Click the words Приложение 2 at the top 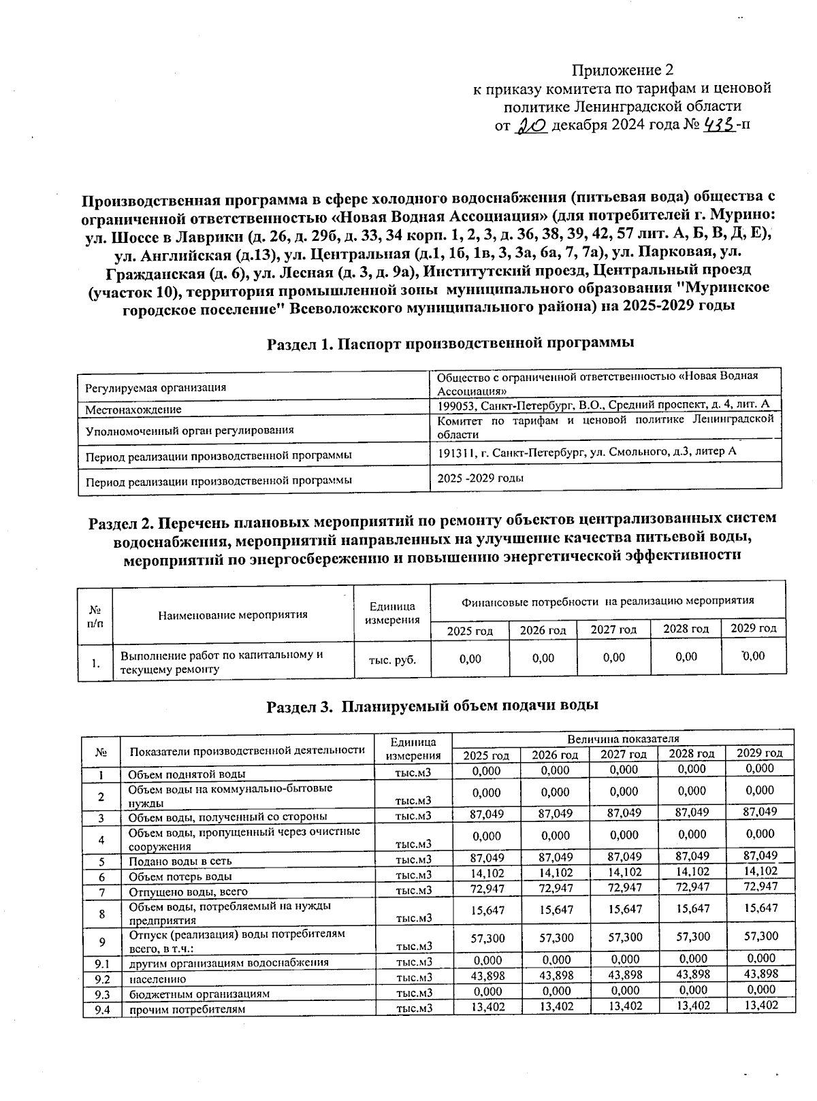coord(622,70)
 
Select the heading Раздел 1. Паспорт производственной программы coord(450,343)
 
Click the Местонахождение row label coord(133,410)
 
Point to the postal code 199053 coord(455,406)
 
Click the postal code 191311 coord(455,452)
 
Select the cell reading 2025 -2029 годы coord(480,478)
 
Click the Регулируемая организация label coord(156,388)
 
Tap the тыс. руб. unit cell coord(392,659)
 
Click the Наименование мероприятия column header coord(233,614)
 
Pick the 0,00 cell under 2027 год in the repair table coord(613,657)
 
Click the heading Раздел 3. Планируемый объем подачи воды coord(432,706)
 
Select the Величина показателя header coord(623,738)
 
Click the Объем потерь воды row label coord(180,876)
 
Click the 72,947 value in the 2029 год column coord(760,887)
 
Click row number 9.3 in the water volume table coord(101,994)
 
